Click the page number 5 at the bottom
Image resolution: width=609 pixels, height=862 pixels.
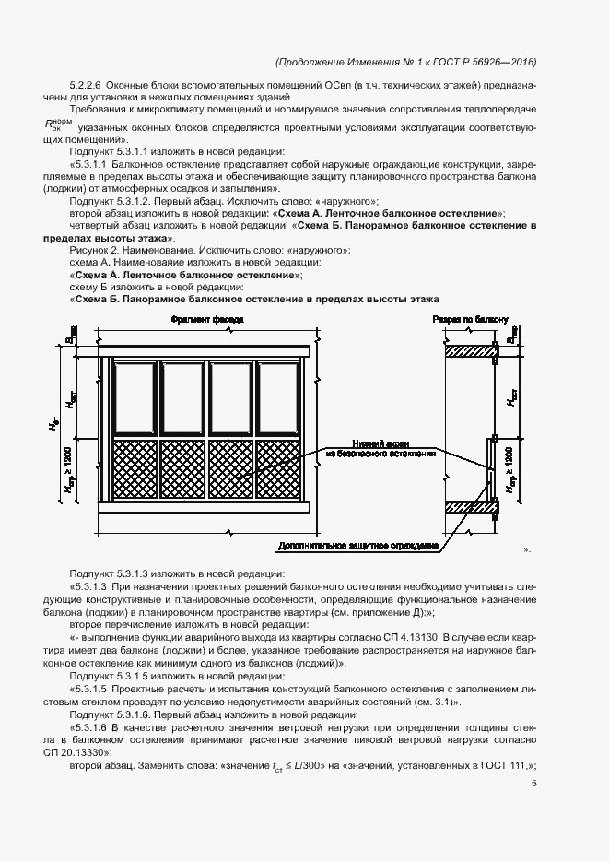click(533, 784)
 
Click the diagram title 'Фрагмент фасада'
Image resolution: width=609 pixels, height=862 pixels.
click(207, 320)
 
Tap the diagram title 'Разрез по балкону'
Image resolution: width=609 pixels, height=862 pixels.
click(470, 320)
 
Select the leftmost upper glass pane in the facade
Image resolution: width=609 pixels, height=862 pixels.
click(135, 396)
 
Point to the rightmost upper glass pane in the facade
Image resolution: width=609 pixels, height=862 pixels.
click(279, 396)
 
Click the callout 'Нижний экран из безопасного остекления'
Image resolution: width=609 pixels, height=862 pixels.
click(379, 448)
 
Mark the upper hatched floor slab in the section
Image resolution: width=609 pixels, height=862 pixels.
click(470, 351)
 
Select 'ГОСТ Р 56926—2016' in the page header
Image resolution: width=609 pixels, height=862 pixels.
click(486, 62)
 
